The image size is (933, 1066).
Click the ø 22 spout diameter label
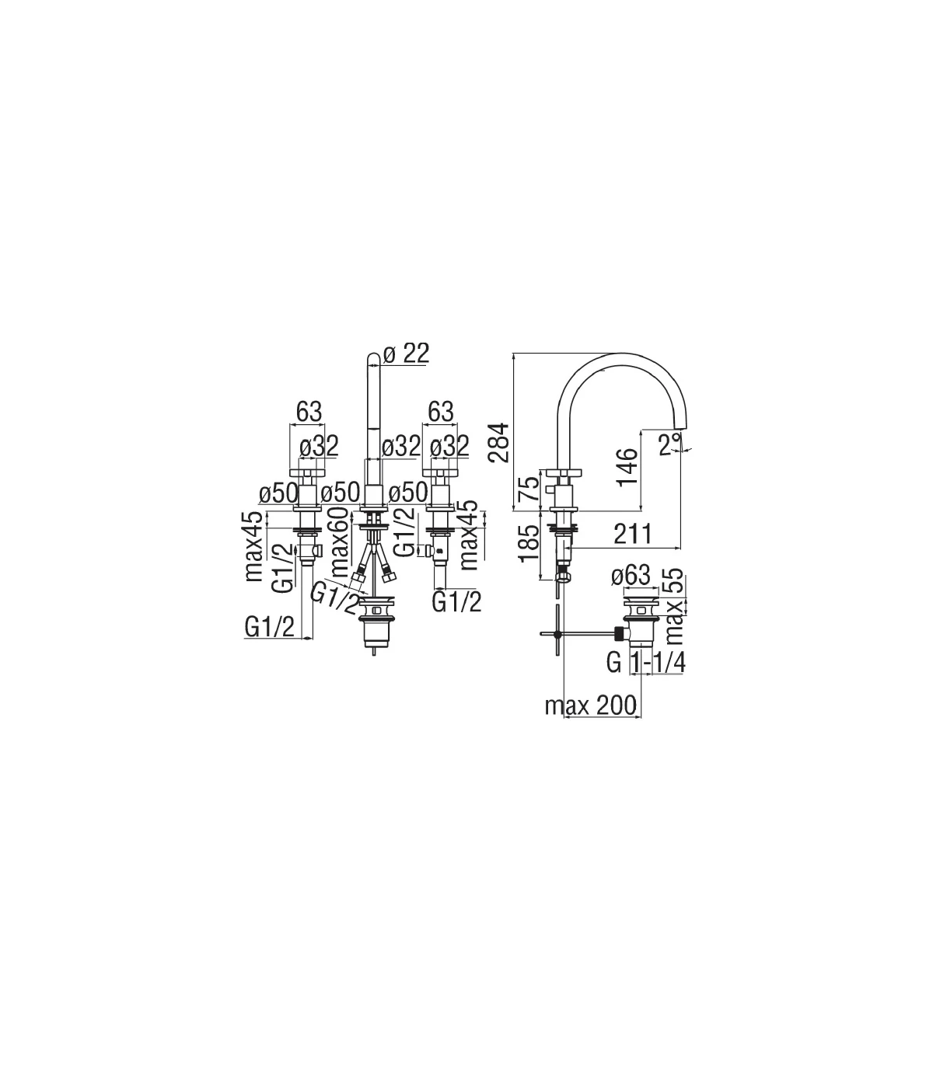click(406, 354)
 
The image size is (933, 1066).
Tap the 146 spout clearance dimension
click(627, 466)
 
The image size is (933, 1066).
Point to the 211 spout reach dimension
click(633, 534)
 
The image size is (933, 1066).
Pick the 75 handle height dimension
click(529, 488)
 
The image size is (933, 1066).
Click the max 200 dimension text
click(591, 706)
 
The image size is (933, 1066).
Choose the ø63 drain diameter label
click(631, 576)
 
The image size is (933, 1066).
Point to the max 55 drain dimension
click(675, 606)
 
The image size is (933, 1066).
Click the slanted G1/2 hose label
click(334, 597)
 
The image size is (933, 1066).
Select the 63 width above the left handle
click(309, 412)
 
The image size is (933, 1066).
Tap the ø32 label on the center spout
click(401, 446)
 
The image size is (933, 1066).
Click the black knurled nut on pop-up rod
click(620, 634)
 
